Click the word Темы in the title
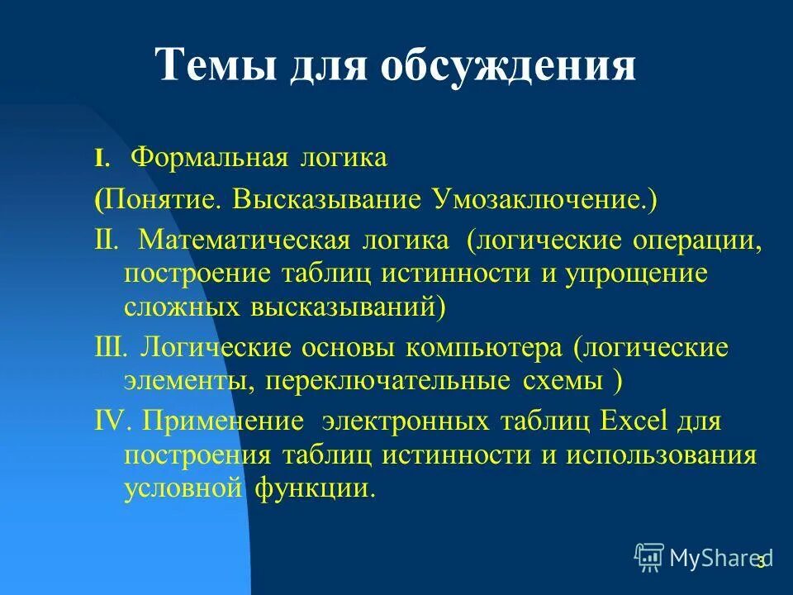(x=216, y=64)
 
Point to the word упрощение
(x=637, y=274)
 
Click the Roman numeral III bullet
(x=111, y=348)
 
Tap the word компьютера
(x=482, y=348)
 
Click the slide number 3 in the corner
(x=761, y=562)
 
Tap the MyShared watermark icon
(x=649, y=558)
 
